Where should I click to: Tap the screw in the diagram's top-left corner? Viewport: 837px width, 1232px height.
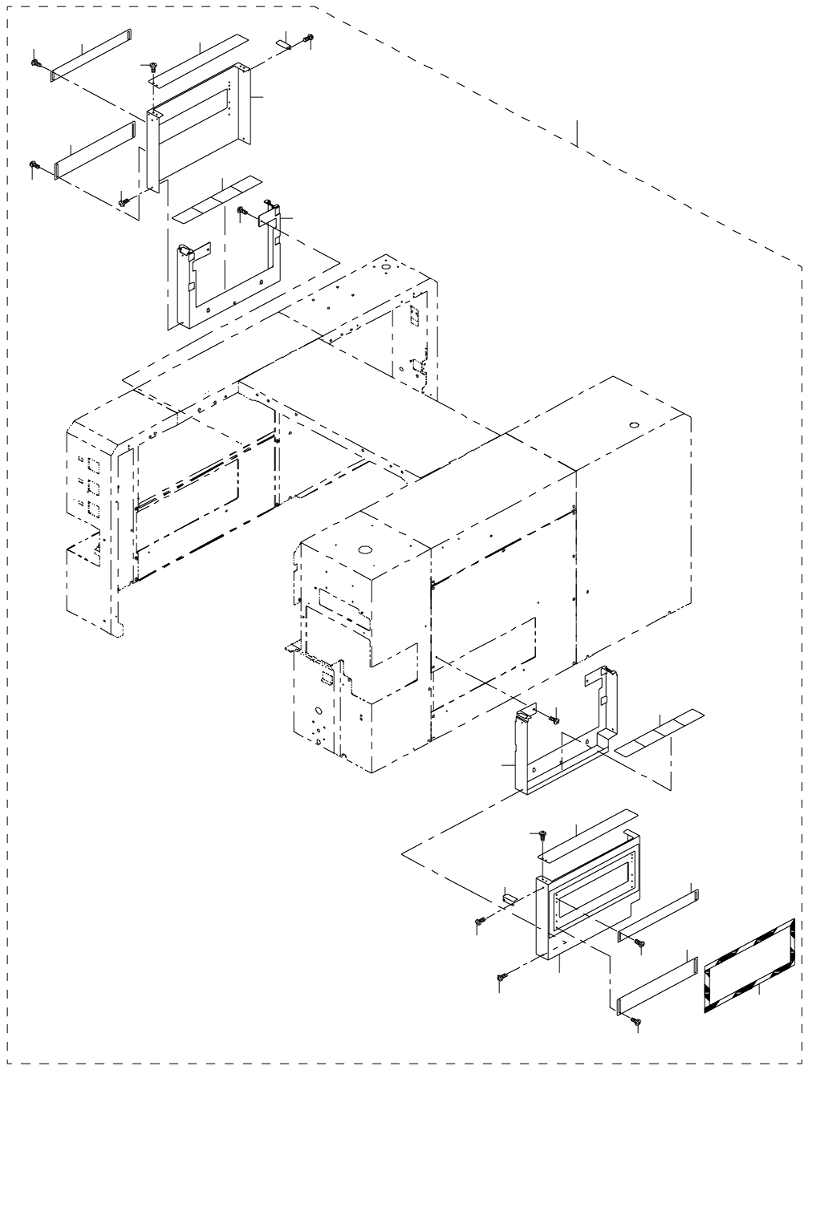(x=36, y=63)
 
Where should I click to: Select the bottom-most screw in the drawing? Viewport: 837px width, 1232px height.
(x=636, y=1021)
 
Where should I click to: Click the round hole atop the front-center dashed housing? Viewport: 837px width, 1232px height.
(x=366, y=550)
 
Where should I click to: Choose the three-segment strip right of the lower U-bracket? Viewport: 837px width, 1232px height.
(x=660, y=730)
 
